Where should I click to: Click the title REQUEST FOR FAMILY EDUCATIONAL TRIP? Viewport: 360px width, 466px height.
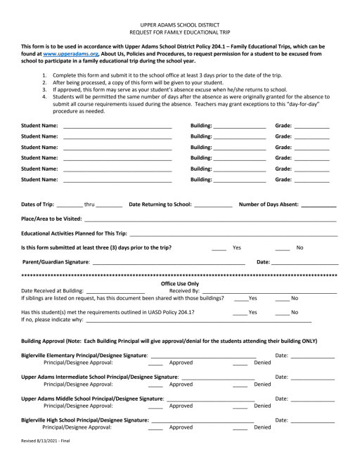179,33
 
